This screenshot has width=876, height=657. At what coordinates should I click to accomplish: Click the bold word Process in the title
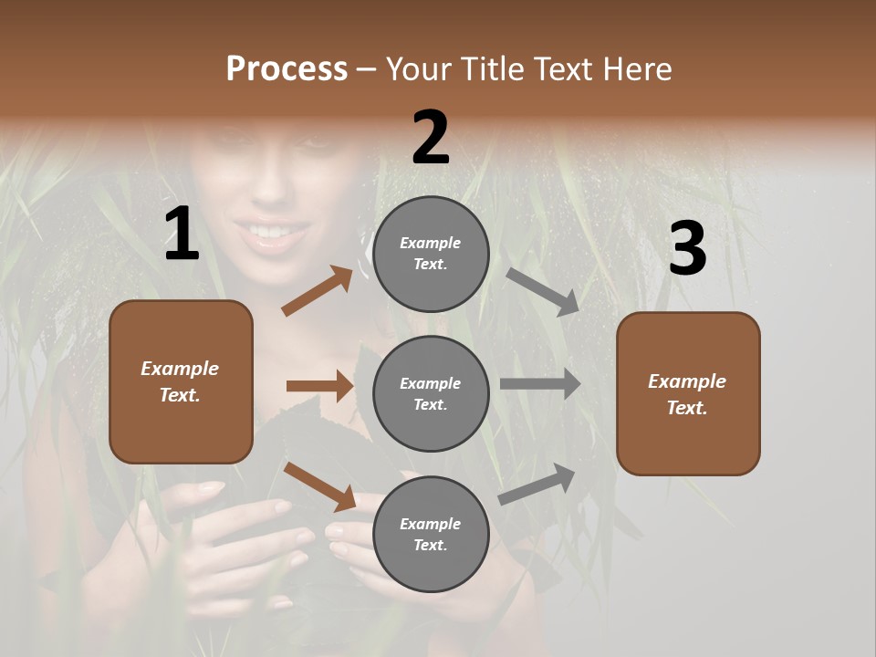point(287,69)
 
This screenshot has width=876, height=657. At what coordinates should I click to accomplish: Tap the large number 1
point(182,235)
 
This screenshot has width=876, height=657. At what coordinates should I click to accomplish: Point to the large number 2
point(431,137)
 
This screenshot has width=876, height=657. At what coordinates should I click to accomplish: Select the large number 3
point(687,249)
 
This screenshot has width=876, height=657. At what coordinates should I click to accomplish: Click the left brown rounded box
point(181,381)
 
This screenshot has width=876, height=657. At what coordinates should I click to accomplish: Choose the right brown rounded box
point(688,393)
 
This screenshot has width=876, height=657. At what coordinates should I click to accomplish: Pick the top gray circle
point(431,254)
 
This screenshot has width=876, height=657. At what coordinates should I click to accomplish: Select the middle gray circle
point(431,393)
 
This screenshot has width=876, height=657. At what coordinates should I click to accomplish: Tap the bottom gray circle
point(431,534)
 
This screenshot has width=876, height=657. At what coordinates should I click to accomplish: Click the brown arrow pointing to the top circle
point(318,291)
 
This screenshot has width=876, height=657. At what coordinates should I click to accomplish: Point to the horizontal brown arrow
point(319,386)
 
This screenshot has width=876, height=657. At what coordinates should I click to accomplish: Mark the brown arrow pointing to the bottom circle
point(320,486)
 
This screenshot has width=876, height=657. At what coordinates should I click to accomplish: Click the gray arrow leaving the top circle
point(542,292)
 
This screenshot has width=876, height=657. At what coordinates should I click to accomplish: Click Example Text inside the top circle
point(431,254)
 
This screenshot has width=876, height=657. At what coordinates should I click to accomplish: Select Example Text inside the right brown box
point(687,394)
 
